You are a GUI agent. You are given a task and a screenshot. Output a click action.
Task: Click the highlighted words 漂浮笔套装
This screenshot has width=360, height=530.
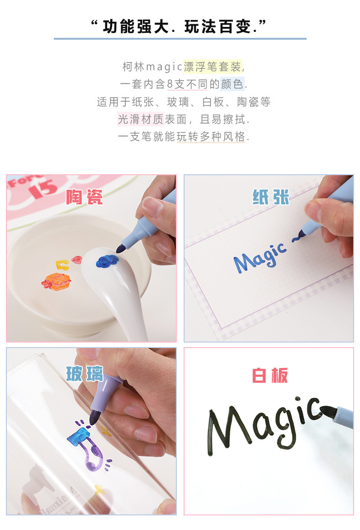(212, 67)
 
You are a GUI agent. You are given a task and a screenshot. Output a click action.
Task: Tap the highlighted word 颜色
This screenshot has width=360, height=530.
(232, 84)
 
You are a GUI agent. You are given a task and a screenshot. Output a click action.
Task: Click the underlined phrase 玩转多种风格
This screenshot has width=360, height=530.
(211, 137)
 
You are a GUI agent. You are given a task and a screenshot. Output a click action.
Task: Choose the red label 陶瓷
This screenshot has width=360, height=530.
(84, 197)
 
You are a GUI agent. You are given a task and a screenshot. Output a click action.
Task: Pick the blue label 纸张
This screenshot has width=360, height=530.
(271, 197)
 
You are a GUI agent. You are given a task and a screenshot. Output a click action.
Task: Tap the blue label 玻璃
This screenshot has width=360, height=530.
(85, 374)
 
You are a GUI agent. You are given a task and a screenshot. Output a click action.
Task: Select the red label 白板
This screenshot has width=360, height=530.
(270, 375)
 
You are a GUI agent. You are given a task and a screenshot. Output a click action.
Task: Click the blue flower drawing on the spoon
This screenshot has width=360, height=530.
(108, 261)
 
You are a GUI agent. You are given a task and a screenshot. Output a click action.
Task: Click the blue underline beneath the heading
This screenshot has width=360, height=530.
(180, 39)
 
